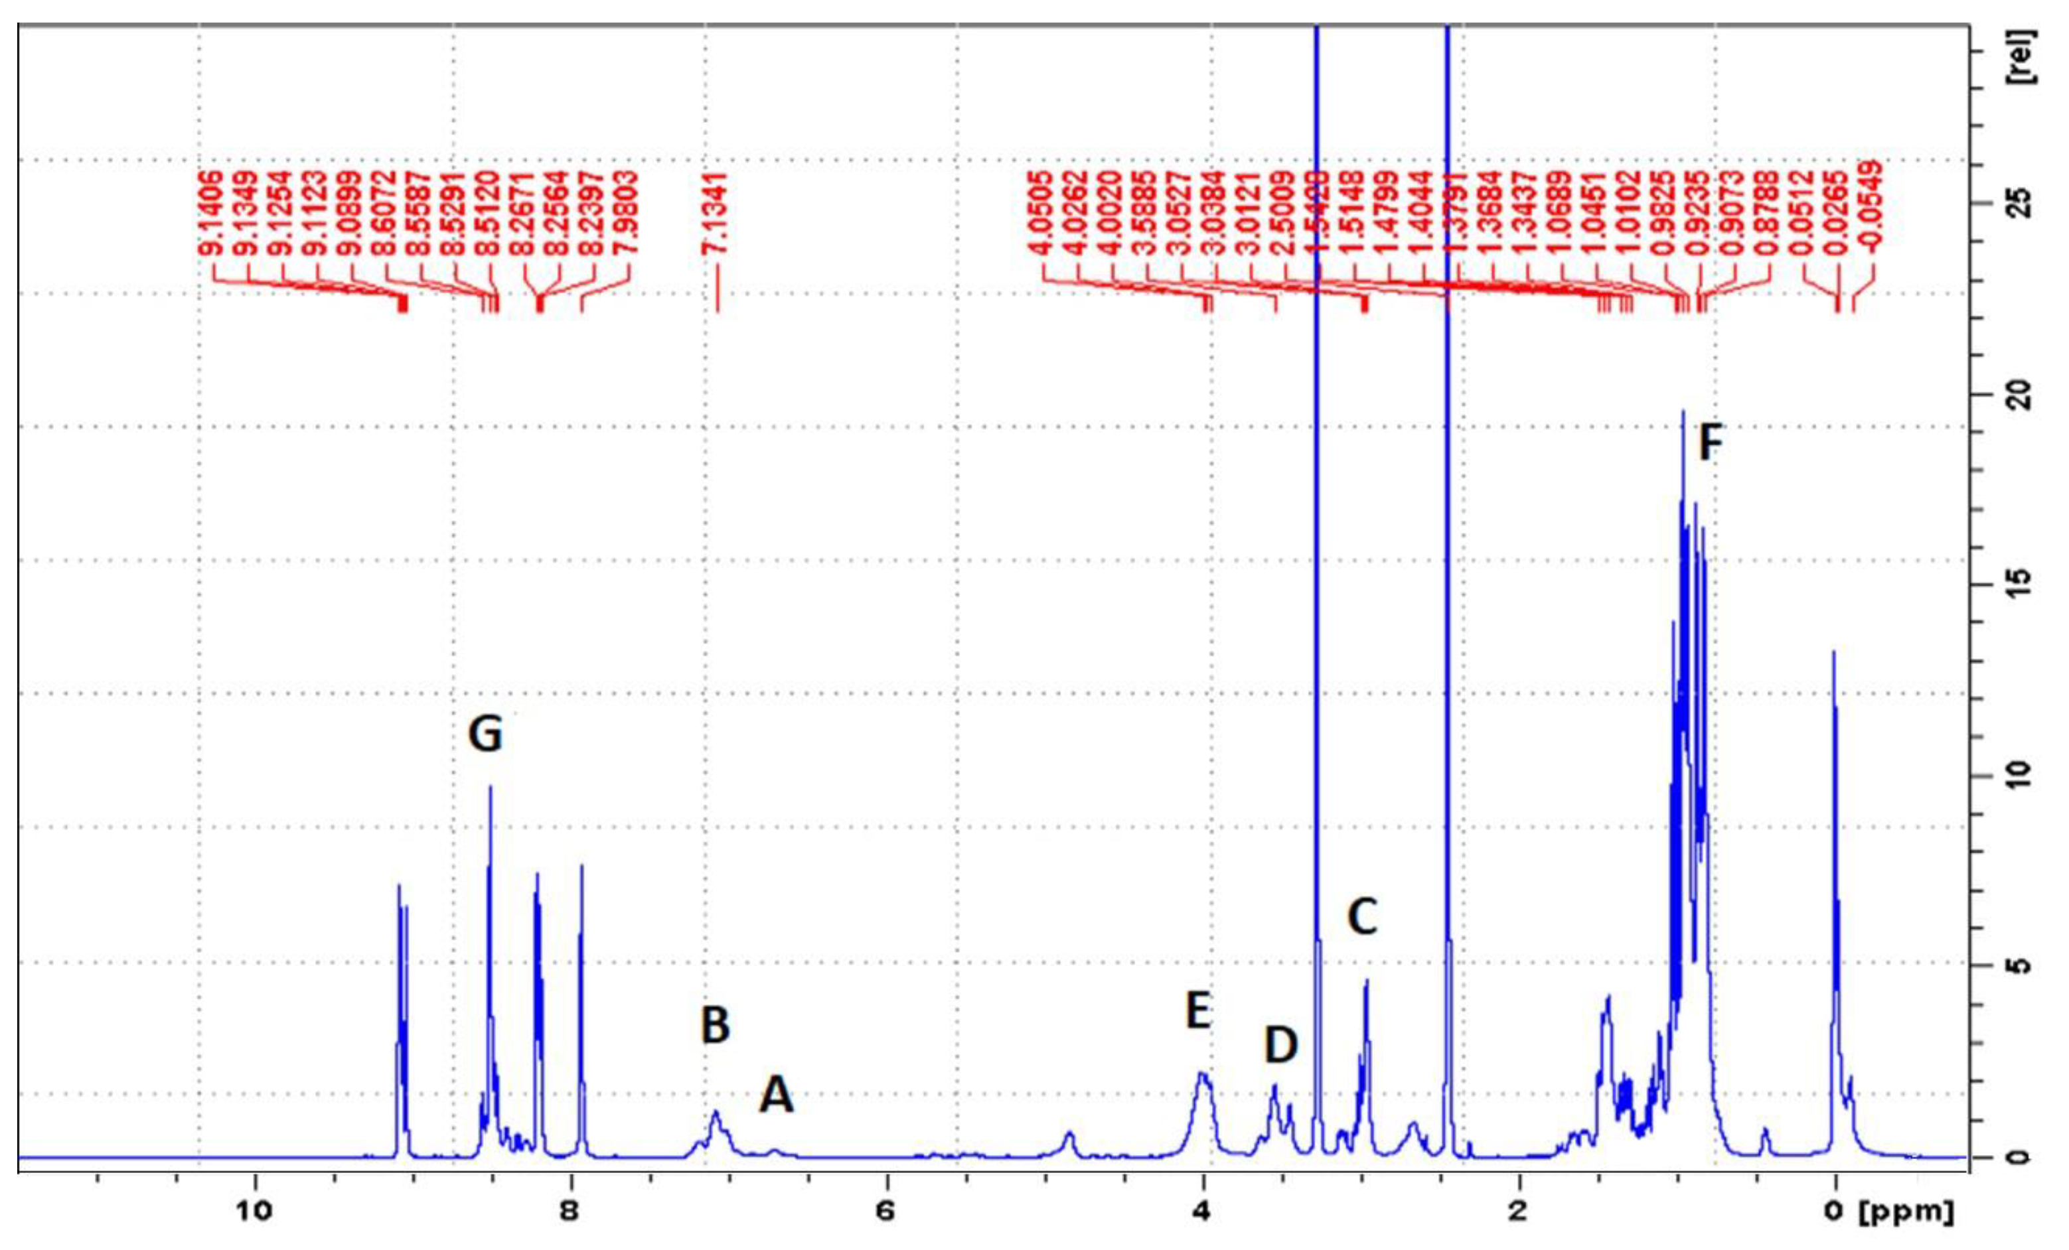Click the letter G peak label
[x=485, y=734]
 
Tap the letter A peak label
[x=776, y=1095]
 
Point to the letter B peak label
[x=716, y=1025]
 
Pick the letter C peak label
[x=1362, y=917]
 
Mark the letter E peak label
[x=1198, y=1010]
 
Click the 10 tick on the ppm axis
[x=256, y=1212]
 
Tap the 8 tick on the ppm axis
[x=571, y=1212]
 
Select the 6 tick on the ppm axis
[x=887, y=1212]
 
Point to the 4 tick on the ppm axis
[x=1203, y=1212]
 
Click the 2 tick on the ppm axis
[x=1518, y=1212]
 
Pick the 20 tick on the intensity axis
[x=2035, y=395]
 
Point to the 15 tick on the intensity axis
[x=2035, y=585]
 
